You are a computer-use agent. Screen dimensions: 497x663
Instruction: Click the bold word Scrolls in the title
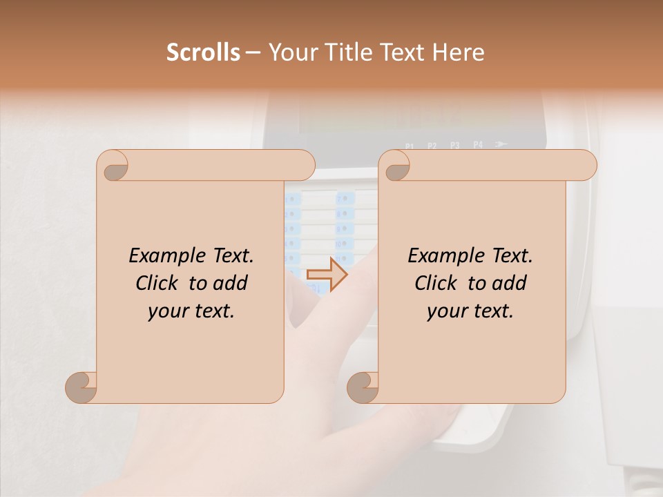(x=203, y=52)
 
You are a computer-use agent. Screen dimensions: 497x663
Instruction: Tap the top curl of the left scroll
(x=115, y=166)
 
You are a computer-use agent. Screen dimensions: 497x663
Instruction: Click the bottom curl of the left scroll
(x=81, y=387)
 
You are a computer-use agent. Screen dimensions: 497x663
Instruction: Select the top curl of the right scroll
(x=396, y=166)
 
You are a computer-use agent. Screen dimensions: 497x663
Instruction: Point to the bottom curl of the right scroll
(x=363, y=387)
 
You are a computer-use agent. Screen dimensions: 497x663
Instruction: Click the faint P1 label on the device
(x=410, y=146)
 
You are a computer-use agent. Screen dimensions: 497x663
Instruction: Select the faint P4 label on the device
(x=478, y=145)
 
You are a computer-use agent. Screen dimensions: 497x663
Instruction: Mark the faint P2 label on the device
(x=432, y=146)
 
